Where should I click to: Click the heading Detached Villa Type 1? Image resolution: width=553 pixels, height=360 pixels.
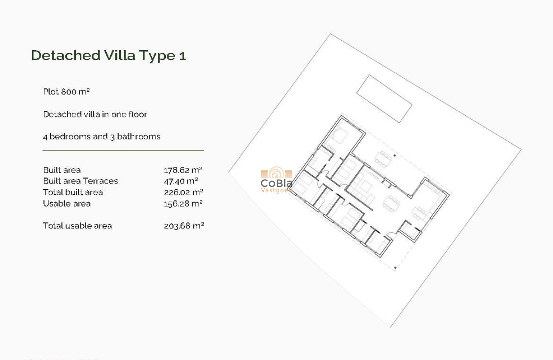coord(108,55)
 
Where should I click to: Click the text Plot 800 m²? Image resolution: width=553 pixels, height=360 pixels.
coord(66,92)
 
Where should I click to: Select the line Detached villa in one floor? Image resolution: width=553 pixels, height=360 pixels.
coord(95,114)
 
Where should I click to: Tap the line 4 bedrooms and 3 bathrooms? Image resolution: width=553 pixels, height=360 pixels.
coord(102,137)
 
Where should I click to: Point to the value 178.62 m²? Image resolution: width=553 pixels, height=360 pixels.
coord(183,170)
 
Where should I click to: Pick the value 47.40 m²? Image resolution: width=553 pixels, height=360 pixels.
coord(181,181)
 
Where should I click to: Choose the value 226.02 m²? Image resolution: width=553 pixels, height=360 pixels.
coord(183,192)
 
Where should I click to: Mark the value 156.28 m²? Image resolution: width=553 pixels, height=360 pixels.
coord(183,204)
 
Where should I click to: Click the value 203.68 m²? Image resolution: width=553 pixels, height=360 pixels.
coord(183,226)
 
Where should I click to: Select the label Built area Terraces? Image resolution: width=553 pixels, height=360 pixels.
coord(80,181)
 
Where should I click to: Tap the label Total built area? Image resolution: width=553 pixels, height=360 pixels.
coord(73,192)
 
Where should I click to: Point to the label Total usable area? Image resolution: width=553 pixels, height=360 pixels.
coord(77,226)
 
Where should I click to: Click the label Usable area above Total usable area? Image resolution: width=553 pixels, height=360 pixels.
coord(66,204)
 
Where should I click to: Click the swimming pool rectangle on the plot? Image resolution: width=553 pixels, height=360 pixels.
coord(384,99)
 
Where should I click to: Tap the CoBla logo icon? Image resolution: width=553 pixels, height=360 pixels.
coord(276,173)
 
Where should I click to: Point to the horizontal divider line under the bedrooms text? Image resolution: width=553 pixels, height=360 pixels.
coord(123,151)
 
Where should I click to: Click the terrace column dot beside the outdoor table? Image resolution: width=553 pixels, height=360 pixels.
coord(395,155)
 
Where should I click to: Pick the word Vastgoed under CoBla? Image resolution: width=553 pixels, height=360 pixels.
coord(276,190)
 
